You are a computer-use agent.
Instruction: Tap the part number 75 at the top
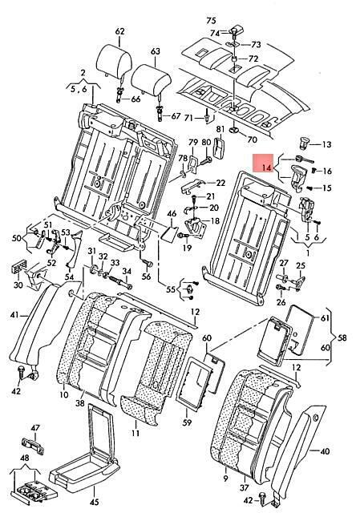[211, 21]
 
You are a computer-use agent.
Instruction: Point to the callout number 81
[220, 130]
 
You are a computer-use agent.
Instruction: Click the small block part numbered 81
[220, 147]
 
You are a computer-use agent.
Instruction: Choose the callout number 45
[95, 502]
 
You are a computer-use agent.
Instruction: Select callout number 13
[327, 144]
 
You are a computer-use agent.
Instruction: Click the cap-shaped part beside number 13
[304, 143]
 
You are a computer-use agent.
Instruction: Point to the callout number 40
[325, 451]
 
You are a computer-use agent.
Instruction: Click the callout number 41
[14, 314]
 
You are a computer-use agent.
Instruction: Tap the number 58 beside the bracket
[342, 338]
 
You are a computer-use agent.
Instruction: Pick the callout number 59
[187, 422]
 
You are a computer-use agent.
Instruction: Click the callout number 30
[18, 285]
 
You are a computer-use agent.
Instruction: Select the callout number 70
[253, 139]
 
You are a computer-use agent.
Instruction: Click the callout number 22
[220, 183]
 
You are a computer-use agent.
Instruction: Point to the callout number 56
[146, 277]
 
